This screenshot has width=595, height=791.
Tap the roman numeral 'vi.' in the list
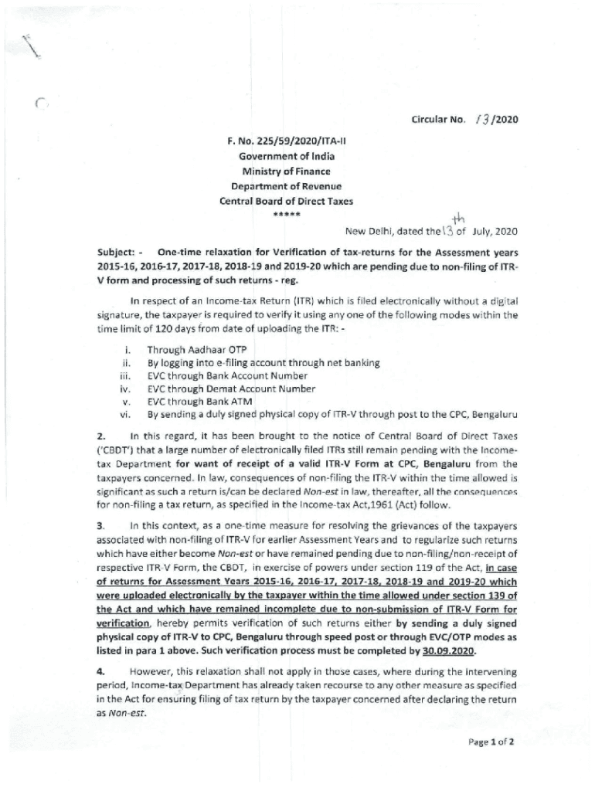(x=124, y=415)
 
